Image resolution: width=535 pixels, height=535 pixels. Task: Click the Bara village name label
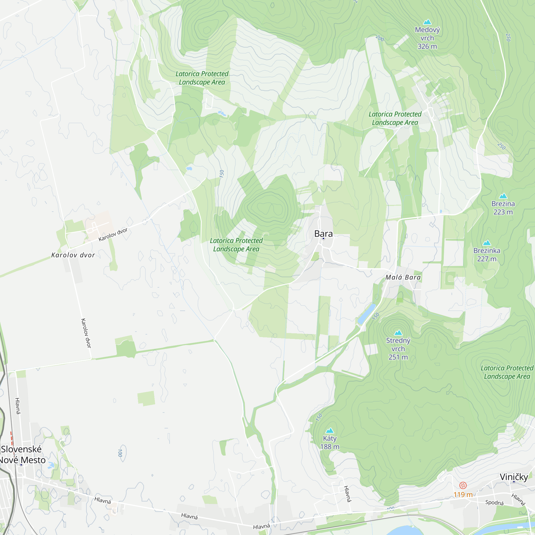323,234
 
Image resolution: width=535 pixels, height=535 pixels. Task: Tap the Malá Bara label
403,277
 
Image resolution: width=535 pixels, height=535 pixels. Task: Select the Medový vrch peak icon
427,22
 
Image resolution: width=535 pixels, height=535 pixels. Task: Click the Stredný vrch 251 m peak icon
398,333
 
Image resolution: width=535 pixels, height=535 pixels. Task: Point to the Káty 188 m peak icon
330,431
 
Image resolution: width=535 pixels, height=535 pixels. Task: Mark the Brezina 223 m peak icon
503,196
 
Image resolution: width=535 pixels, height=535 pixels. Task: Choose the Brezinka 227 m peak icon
487,243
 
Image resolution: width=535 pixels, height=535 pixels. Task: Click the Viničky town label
514,477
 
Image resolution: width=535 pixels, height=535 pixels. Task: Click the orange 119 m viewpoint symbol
463,486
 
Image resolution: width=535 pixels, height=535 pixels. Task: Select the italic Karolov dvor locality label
73,255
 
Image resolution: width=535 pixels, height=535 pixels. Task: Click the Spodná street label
494,502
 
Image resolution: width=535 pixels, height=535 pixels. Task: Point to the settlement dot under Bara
323,238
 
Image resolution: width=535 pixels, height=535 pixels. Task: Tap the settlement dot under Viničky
514,482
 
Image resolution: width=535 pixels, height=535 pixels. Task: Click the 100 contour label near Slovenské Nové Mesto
120,453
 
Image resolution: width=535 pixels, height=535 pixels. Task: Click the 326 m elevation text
427,47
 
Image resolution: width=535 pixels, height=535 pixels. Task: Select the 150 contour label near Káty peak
319,417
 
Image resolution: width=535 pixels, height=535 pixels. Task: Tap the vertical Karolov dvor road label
86,333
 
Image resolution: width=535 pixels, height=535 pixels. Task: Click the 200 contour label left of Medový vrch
380,38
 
